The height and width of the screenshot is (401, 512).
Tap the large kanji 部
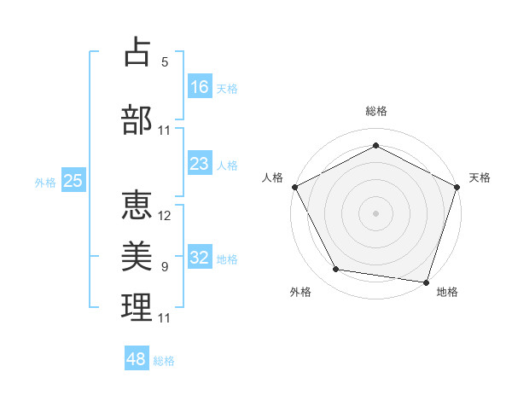point(137,119)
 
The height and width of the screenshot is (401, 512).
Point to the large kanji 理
point(137,307)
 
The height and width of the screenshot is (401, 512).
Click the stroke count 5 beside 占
point(165,61)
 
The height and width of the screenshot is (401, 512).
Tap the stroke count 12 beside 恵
point(165,216)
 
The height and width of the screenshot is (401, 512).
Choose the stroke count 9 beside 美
point(165,267)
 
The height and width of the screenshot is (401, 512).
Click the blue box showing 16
point(200,87)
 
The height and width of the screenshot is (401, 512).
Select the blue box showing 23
point(200,164)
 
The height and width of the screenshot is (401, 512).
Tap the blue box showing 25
point(73,181)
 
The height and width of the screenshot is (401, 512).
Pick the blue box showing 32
point(200,258)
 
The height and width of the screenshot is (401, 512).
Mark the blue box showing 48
point(137,359)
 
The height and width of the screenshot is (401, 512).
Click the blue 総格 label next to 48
point(164,361)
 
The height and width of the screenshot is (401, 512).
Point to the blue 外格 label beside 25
point(45,182)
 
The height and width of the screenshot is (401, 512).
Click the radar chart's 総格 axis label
point(375,111)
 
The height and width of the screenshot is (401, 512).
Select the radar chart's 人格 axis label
point(273,177)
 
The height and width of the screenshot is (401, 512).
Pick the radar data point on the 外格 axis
point(336,270)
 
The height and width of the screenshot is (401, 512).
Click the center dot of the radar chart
point(375,212)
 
